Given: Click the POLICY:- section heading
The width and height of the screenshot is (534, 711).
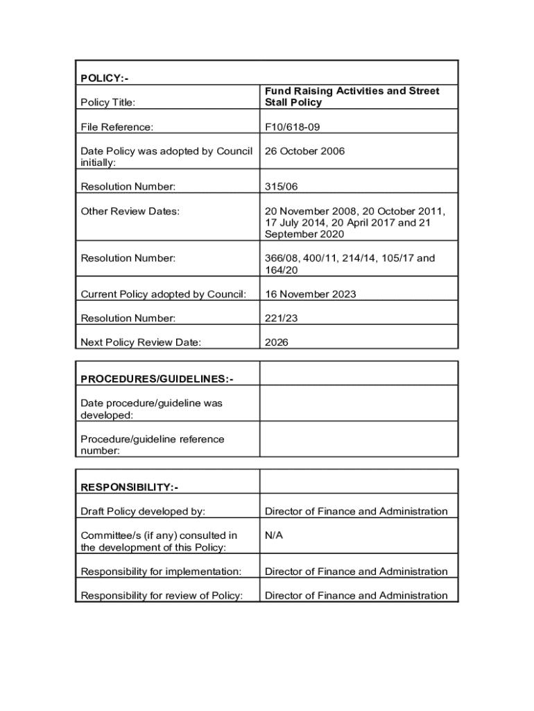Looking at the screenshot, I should point(105,78).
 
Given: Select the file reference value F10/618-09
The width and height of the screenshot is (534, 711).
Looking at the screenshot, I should point(292,127).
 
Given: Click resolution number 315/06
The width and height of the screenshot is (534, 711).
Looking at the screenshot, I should point(281,186).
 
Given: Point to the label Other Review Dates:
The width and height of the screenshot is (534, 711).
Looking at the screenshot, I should point(130,210).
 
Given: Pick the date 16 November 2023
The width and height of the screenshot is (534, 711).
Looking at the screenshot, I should point(310,294).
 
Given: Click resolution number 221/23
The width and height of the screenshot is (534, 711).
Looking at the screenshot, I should point(281,318).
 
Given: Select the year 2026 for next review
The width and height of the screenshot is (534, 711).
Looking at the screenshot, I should point(277,342).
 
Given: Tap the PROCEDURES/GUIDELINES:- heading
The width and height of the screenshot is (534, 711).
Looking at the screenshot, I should point(157,379).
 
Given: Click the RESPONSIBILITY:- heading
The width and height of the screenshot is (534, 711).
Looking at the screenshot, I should point(130,487).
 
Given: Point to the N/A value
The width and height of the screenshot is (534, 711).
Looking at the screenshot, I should point(274,535).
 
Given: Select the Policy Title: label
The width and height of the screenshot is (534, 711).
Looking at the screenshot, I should point(108,103).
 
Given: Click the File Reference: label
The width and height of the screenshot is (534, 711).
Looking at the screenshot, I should point(117,127).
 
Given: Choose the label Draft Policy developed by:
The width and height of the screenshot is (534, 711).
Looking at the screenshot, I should point(143,512).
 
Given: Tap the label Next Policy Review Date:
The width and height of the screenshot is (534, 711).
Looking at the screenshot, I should point(141,342).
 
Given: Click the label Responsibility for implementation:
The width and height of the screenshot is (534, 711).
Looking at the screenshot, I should point(161,571).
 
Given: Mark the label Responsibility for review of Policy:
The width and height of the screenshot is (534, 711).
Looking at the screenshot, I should point(162,596).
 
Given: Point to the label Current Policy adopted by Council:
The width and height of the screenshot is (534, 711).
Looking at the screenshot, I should point(163,294).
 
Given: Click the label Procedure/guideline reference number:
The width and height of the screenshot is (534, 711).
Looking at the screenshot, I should point(152,444).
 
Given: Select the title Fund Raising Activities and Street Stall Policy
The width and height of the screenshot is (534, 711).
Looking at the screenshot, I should point(352,97).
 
